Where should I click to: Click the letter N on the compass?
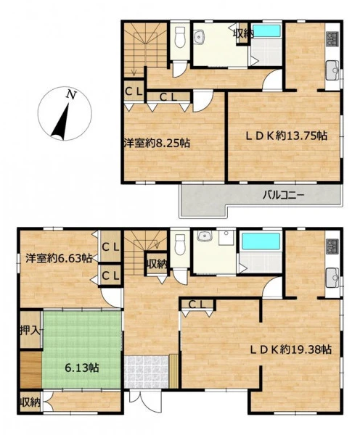coord(71,95)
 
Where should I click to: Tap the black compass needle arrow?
coord(61,122)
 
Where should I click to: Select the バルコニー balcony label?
coord(284,195)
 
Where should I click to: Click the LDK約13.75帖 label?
coord(287,136)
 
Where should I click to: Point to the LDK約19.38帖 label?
coord(290,349)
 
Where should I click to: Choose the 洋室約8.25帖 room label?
coord(157,143)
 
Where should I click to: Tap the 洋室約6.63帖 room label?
coord(59,258)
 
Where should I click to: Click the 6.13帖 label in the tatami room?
coord(82,368)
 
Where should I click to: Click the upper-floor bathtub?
coord(266,31)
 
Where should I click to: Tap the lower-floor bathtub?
coord(261,241)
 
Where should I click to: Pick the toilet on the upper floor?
coord(180,37)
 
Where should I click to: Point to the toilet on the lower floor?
coord(180,244)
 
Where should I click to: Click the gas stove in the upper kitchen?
coord(332,39)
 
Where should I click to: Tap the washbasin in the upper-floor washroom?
coord(199,37)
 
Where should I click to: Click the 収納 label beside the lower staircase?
coord(157,265)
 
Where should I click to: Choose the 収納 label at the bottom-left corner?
coord(30,402)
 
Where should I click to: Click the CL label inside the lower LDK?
coord(197,304)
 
